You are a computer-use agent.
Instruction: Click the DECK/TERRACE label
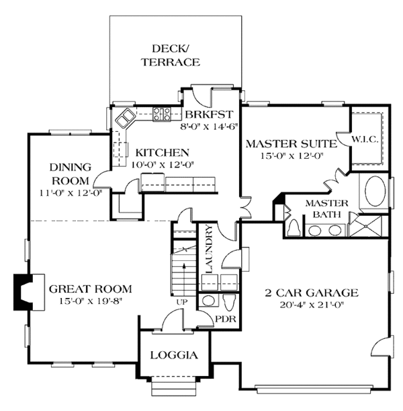171,56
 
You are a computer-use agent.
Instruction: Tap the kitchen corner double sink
125,118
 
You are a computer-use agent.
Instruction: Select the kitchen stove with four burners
162,114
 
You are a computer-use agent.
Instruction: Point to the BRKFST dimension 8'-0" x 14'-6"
209,126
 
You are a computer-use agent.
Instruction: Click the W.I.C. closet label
365,140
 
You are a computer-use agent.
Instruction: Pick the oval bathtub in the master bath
375,191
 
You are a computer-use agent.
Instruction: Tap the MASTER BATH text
327,209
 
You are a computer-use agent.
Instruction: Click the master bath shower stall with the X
366,226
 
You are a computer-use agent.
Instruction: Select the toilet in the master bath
294,228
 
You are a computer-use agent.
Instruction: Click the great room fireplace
29,292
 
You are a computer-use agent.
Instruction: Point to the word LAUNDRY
209,249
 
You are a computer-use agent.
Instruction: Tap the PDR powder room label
226,319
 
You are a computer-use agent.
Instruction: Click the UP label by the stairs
182,302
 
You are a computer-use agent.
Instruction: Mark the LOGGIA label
174,355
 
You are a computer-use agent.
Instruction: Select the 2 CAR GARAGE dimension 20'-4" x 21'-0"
312,305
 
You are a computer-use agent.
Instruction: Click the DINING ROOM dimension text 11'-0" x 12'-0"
71,193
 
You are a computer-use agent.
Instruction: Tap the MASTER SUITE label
292,144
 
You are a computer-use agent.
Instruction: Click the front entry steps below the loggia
174,386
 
